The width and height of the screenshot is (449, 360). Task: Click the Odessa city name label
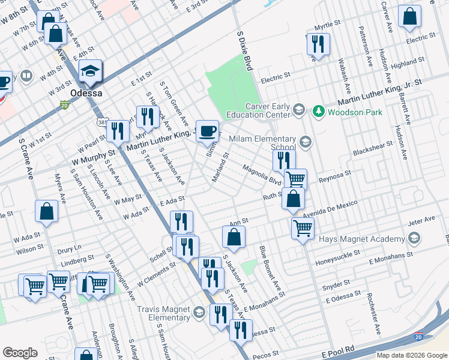pyautogui.click(x=86, y=94)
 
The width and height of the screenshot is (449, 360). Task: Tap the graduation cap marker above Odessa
pyautogui.click(x=91, y=71)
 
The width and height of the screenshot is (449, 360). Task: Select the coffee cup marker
pyautogui.click(x=208, y=131)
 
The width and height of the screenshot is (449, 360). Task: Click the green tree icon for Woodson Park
pyautogui.click(x=318, y=111)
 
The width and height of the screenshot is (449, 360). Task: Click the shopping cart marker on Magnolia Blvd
pyautogui.click(x=295, y=179)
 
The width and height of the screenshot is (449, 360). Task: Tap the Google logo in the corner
pyautogui.click(x=20, y=353)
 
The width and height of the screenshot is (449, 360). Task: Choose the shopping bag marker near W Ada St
pyautogui.click(x=47, y=212)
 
